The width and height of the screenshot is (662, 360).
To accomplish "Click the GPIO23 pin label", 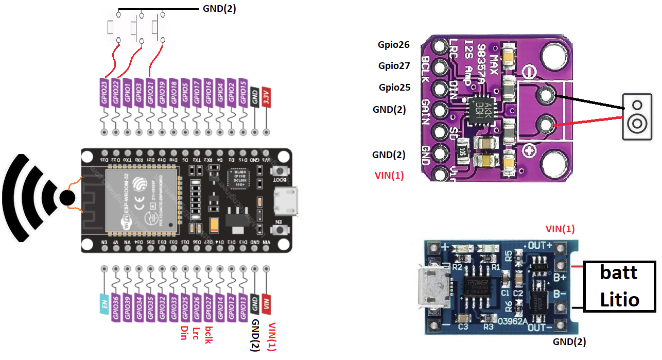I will [104, 92].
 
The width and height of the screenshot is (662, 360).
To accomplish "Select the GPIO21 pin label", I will [150, 92].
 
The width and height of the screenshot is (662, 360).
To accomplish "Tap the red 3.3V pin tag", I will [266, 96].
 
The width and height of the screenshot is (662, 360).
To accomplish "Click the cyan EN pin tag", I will [104, 304].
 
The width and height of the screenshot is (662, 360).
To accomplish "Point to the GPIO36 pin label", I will [116, 308].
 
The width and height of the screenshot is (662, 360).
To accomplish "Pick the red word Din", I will [184, 333].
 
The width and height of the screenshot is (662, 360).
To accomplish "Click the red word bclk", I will [208, 334].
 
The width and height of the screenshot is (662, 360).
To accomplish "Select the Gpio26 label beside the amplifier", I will [394, 45].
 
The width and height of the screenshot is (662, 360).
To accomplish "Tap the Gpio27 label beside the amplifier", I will [394, 65].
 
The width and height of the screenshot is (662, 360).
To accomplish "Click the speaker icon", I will [637, 117].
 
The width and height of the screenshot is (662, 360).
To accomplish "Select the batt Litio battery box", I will [619, 286].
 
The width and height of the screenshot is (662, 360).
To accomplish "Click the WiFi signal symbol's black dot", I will [66, 197].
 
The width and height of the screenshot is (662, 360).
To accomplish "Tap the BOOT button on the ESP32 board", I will [280, 172].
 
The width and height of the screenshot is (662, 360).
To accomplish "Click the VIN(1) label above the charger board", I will [560, 229].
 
